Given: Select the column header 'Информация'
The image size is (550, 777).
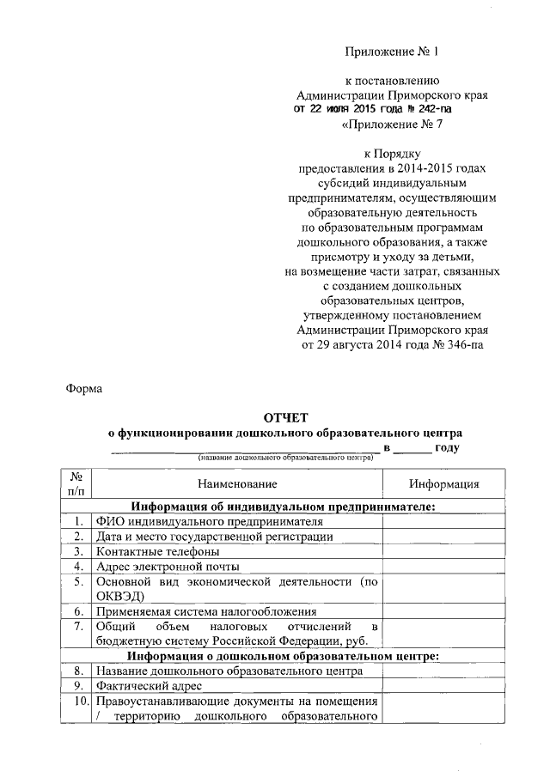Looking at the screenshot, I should coord(443,484).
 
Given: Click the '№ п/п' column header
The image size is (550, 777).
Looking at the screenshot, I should coord(76,484).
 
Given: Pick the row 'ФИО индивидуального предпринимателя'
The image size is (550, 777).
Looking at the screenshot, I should coord(210,521).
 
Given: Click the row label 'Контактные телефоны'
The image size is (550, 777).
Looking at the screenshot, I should coord(158,551).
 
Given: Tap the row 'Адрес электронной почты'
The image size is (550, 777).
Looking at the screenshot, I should coord(168,567).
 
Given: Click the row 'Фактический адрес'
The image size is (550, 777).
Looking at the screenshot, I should coord(150,686).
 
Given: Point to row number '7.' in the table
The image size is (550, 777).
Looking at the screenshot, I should coord(77,627).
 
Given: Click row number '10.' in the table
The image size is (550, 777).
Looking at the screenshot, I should coord(77,701).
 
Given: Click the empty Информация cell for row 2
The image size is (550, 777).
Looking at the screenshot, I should coord(443,537).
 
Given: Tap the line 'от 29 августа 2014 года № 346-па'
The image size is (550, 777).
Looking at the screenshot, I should coord(392,345).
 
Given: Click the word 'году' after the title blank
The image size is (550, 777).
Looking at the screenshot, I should coord(447,447).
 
